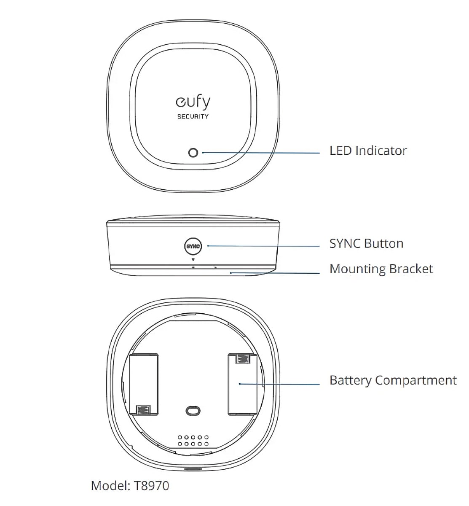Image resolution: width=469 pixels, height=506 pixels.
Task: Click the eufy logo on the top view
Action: (x=193, y=102)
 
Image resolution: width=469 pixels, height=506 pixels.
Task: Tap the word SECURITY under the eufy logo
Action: (x=193, y=116)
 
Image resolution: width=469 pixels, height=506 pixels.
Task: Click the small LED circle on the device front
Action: (x=193, y=153)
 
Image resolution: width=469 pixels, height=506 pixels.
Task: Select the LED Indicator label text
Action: (x=368, y=151)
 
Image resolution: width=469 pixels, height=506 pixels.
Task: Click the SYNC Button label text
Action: (x=366, y=244)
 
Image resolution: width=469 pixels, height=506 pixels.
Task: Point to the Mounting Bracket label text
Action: (x=381, y=269)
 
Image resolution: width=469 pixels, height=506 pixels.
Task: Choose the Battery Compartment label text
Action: (x=393, y=380)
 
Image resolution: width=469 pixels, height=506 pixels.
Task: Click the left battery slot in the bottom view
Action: (x=144, y=384)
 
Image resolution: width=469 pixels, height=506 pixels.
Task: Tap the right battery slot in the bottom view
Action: (x=242, y=384)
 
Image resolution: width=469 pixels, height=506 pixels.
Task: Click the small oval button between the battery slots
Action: (x=193, y=410)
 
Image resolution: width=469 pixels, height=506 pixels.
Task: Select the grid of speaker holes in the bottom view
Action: (x=193, y=441)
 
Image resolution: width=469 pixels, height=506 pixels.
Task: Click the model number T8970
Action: (x=152, y=486)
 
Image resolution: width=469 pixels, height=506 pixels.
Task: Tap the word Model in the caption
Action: (x=110, y=486)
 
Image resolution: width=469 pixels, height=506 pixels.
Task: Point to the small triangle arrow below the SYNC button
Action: (x=193, y=260)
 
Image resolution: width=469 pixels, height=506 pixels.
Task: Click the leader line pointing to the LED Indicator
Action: (x=261, y=153)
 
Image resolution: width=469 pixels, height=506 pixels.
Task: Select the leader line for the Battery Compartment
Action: (x=280, y=384)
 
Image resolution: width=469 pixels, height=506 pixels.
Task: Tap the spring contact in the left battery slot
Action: (x=144, y=409)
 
